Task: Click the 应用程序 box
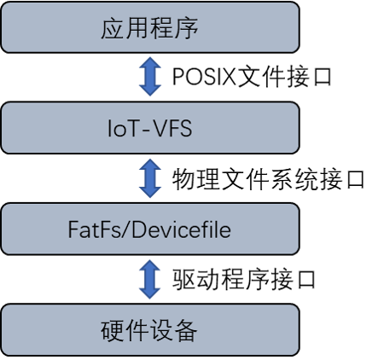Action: coord(150,27)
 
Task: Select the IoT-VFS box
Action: coord(150,128)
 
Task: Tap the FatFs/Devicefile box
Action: coord(150,229)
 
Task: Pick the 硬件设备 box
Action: coord(150,330)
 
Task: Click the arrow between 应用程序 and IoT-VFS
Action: coord(150,77)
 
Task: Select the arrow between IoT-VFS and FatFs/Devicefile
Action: coord(150,178)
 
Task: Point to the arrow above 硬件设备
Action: coord(150,279)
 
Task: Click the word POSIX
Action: coord(204,77)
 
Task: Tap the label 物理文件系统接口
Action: coord(268,179)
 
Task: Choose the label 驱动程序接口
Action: coord(244,280)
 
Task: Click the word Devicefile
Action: coord(181,229)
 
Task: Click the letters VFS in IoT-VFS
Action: coord(173,128)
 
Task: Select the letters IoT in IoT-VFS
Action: coord(124,128)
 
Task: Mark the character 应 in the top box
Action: coord(113,28)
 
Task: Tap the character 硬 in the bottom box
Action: coord(112,330)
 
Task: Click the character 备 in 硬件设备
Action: coord(186,330)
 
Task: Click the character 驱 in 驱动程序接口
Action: coord(183,280)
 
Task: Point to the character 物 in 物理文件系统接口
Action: coord(183,179)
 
